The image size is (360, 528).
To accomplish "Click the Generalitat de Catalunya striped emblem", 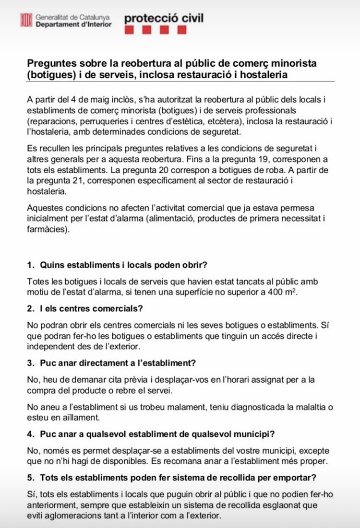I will (x=25, y=20).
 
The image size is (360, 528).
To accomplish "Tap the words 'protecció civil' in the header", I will (x=164, y=18).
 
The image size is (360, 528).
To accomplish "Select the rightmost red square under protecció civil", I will (x=182, y=30).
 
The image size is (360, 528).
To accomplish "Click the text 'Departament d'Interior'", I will (x=73, y=24).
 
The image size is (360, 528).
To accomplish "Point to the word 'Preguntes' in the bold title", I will (x=49, y=63).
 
